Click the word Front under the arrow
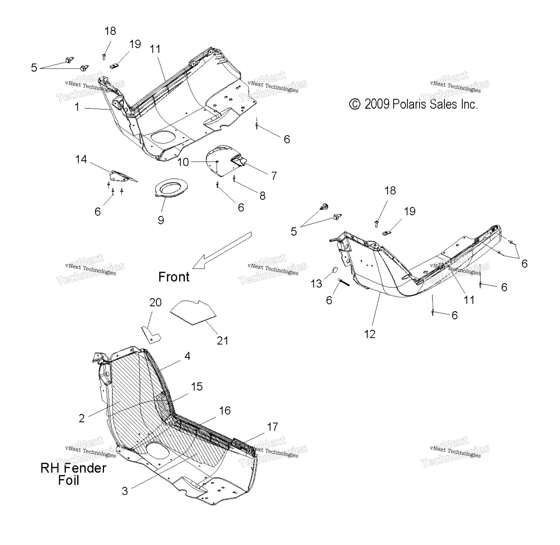(174, 277)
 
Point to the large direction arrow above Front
(222, 250)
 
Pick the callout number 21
(223, 341)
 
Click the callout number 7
(274, 175)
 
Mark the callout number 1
(77, 107)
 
